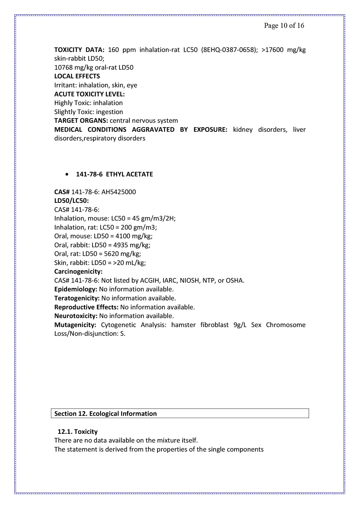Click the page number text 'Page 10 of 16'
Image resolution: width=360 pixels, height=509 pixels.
click(284, 26)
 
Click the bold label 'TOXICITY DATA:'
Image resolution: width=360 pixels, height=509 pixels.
click(79, 50)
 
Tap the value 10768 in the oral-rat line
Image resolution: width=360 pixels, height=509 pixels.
click(63, 68)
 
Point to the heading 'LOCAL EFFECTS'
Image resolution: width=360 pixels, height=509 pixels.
click(77, 76)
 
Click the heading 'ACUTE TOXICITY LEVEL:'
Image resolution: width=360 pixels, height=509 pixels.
click(89, 94)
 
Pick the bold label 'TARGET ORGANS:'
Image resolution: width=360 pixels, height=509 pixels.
click(81, 121)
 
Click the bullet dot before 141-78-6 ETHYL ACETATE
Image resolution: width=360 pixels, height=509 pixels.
click(67, 175)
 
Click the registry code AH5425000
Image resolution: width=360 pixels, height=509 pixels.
click(118, 192)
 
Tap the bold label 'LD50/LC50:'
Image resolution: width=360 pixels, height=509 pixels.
click(71, 201)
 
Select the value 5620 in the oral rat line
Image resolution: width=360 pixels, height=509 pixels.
click(112, 254)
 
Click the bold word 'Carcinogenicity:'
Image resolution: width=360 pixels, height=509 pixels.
click(78, 272)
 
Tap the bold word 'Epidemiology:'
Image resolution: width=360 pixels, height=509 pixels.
click(75, 289)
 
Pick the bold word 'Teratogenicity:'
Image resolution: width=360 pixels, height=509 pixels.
click(77, 298)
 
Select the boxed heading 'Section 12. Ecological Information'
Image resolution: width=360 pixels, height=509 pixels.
click(105, 414)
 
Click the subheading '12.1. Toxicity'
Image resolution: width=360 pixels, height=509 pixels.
click(78, 432)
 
